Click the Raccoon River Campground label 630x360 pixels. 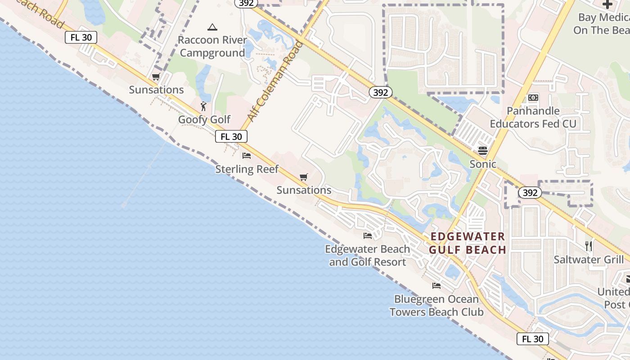(x=212, y=46)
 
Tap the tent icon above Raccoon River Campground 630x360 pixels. (x=212, y=27)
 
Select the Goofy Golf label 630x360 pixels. (x=204, y=120)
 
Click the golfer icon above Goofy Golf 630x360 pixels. (x=203, y=106)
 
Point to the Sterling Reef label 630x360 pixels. (x=247, y=169)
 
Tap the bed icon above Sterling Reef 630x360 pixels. (x=247, y=156)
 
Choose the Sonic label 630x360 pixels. (x=483, y=164)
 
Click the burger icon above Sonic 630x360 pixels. (x=483, y=150)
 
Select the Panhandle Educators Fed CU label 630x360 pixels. (x=533, y=117)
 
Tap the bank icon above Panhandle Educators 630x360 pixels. (x=533, y=98)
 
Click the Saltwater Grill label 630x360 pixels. (x=589, y=260)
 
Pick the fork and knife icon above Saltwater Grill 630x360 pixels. (x=588, y=246)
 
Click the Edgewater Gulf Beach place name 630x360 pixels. (x=468, y=243)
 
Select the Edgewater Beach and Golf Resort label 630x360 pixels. (x=368, y=255)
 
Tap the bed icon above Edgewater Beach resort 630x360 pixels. (x=368, y=236)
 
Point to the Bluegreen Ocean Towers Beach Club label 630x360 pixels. (x=436, y=306)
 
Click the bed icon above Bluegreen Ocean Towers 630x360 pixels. (x=436, y=286)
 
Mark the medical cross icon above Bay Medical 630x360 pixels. (x=607, y=5)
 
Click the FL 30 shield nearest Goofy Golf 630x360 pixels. (x=231, y=136)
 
